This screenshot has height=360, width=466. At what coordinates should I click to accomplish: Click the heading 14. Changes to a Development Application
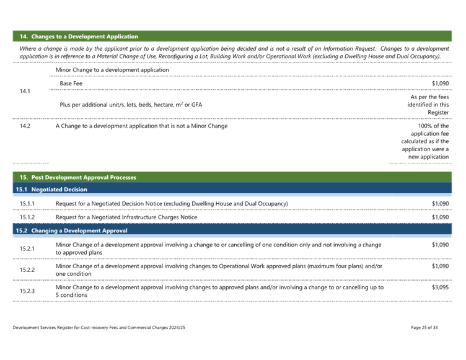pos(79,37)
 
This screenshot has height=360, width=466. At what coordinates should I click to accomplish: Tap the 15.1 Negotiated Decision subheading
pos(51,189)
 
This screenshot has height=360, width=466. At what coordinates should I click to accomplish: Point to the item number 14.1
pos(25,91)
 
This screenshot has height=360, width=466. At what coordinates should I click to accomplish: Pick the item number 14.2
pos(25,126)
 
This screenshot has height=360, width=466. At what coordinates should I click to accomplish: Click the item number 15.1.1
pos(27,203)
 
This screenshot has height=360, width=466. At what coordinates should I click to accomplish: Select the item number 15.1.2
pos(27,217)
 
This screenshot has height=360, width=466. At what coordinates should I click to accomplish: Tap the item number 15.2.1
pos(27,248)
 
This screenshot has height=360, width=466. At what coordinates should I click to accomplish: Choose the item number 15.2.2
pos(27,269)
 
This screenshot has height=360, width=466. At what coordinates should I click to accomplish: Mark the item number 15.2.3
pos(27,289)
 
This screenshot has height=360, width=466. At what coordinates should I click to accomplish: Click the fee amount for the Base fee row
pos(440,82)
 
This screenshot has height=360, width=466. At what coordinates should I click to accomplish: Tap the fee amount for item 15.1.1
pos(440,203)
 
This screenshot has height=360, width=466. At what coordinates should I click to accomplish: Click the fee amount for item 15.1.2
pos(440,217)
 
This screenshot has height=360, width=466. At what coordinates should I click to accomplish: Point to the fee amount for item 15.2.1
pos(440,245)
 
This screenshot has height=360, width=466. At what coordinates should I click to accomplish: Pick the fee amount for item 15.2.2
pos(440,266)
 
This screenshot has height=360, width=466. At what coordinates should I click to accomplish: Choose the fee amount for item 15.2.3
pos(440,287)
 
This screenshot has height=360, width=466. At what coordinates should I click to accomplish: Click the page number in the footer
pos(424,327)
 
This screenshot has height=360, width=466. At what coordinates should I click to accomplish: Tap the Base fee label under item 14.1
pos(71,82)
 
